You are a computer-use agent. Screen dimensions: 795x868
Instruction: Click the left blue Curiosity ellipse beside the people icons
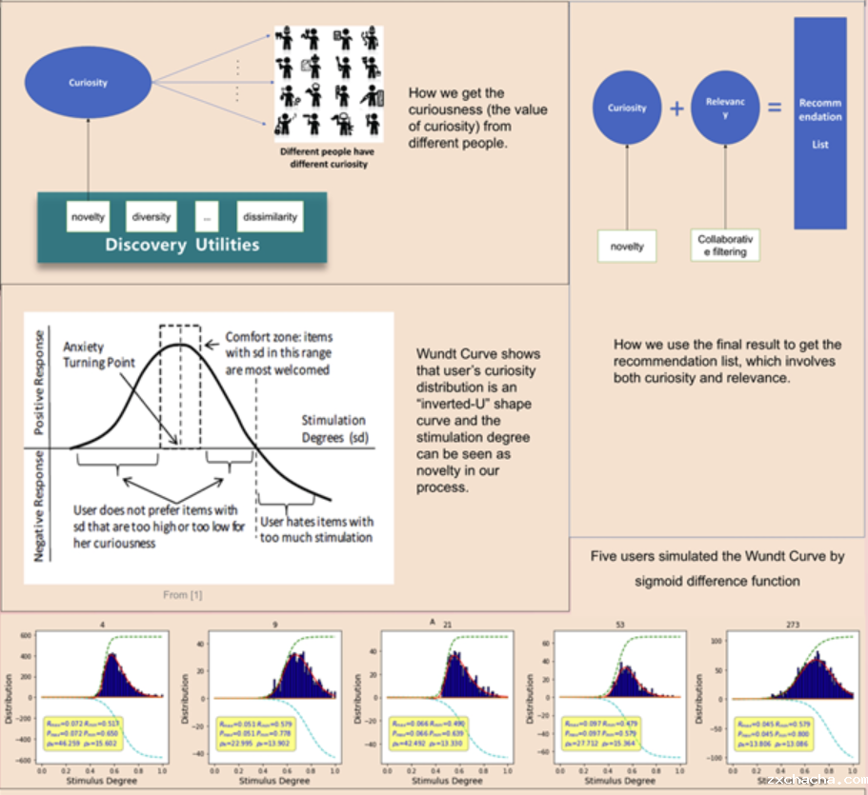pos(88,83)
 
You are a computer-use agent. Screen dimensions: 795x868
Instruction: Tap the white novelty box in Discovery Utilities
pos(88,217)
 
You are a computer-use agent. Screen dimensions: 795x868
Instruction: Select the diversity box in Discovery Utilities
pos(151,217)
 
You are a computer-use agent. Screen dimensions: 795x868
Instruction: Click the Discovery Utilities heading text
pos(182,245)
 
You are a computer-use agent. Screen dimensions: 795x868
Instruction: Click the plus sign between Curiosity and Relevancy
pos(677,109)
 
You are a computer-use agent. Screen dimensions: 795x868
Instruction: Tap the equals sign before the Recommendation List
pos(771,109)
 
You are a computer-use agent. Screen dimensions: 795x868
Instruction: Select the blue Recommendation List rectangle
pos(820,124)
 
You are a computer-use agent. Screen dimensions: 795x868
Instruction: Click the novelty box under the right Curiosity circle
pos(627,247)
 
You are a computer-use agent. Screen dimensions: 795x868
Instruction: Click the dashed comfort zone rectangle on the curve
pos(180,386)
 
